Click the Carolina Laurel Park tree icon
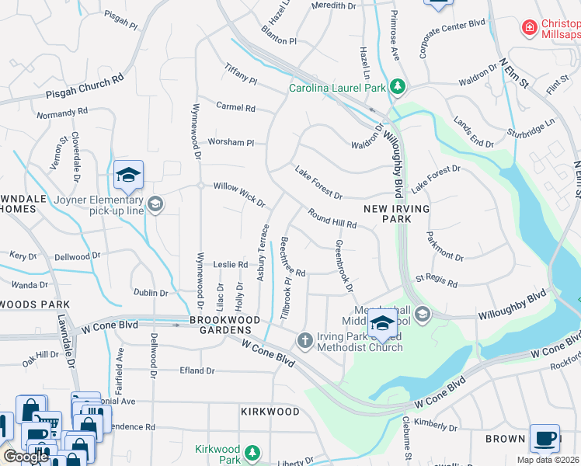(x=398, y=87)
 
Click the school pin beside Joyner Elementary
(x=128, y=176)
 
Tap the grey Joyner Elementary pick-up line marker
(x=155, y=203)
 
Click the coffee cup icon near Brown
(x=544, y=437)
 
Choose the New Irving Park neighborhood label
(x=387, y=214)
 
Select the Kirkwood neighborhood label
(x=270, y=411)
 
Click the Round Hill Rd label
(x=332, y=218)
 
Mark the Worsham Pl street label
(x=231, y=142)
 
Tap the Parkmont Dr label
(x=444, y=249)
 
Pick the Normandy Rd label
(x=62, y=113)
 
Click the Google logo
(x=25, y=457)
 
